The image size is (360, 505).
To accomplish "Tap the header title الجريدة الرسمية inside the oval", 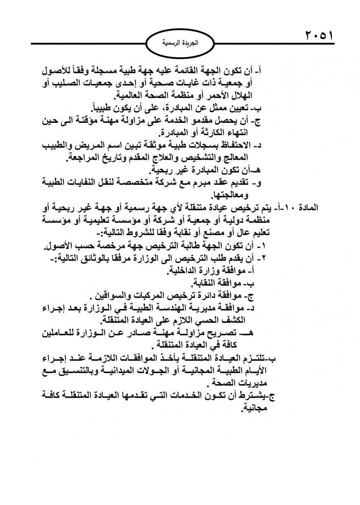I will coord(180,43).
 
